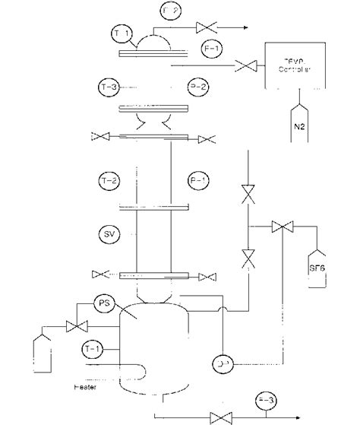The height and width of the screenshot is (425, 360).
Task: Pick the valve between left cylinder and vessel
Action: click(74, 325)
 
